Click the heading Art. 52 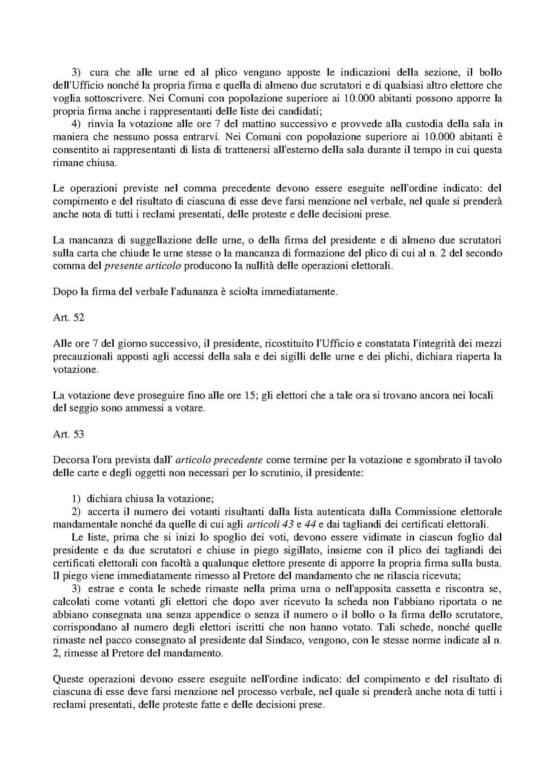coord(69,318)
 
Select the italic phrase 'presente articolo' coord(142,266)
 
